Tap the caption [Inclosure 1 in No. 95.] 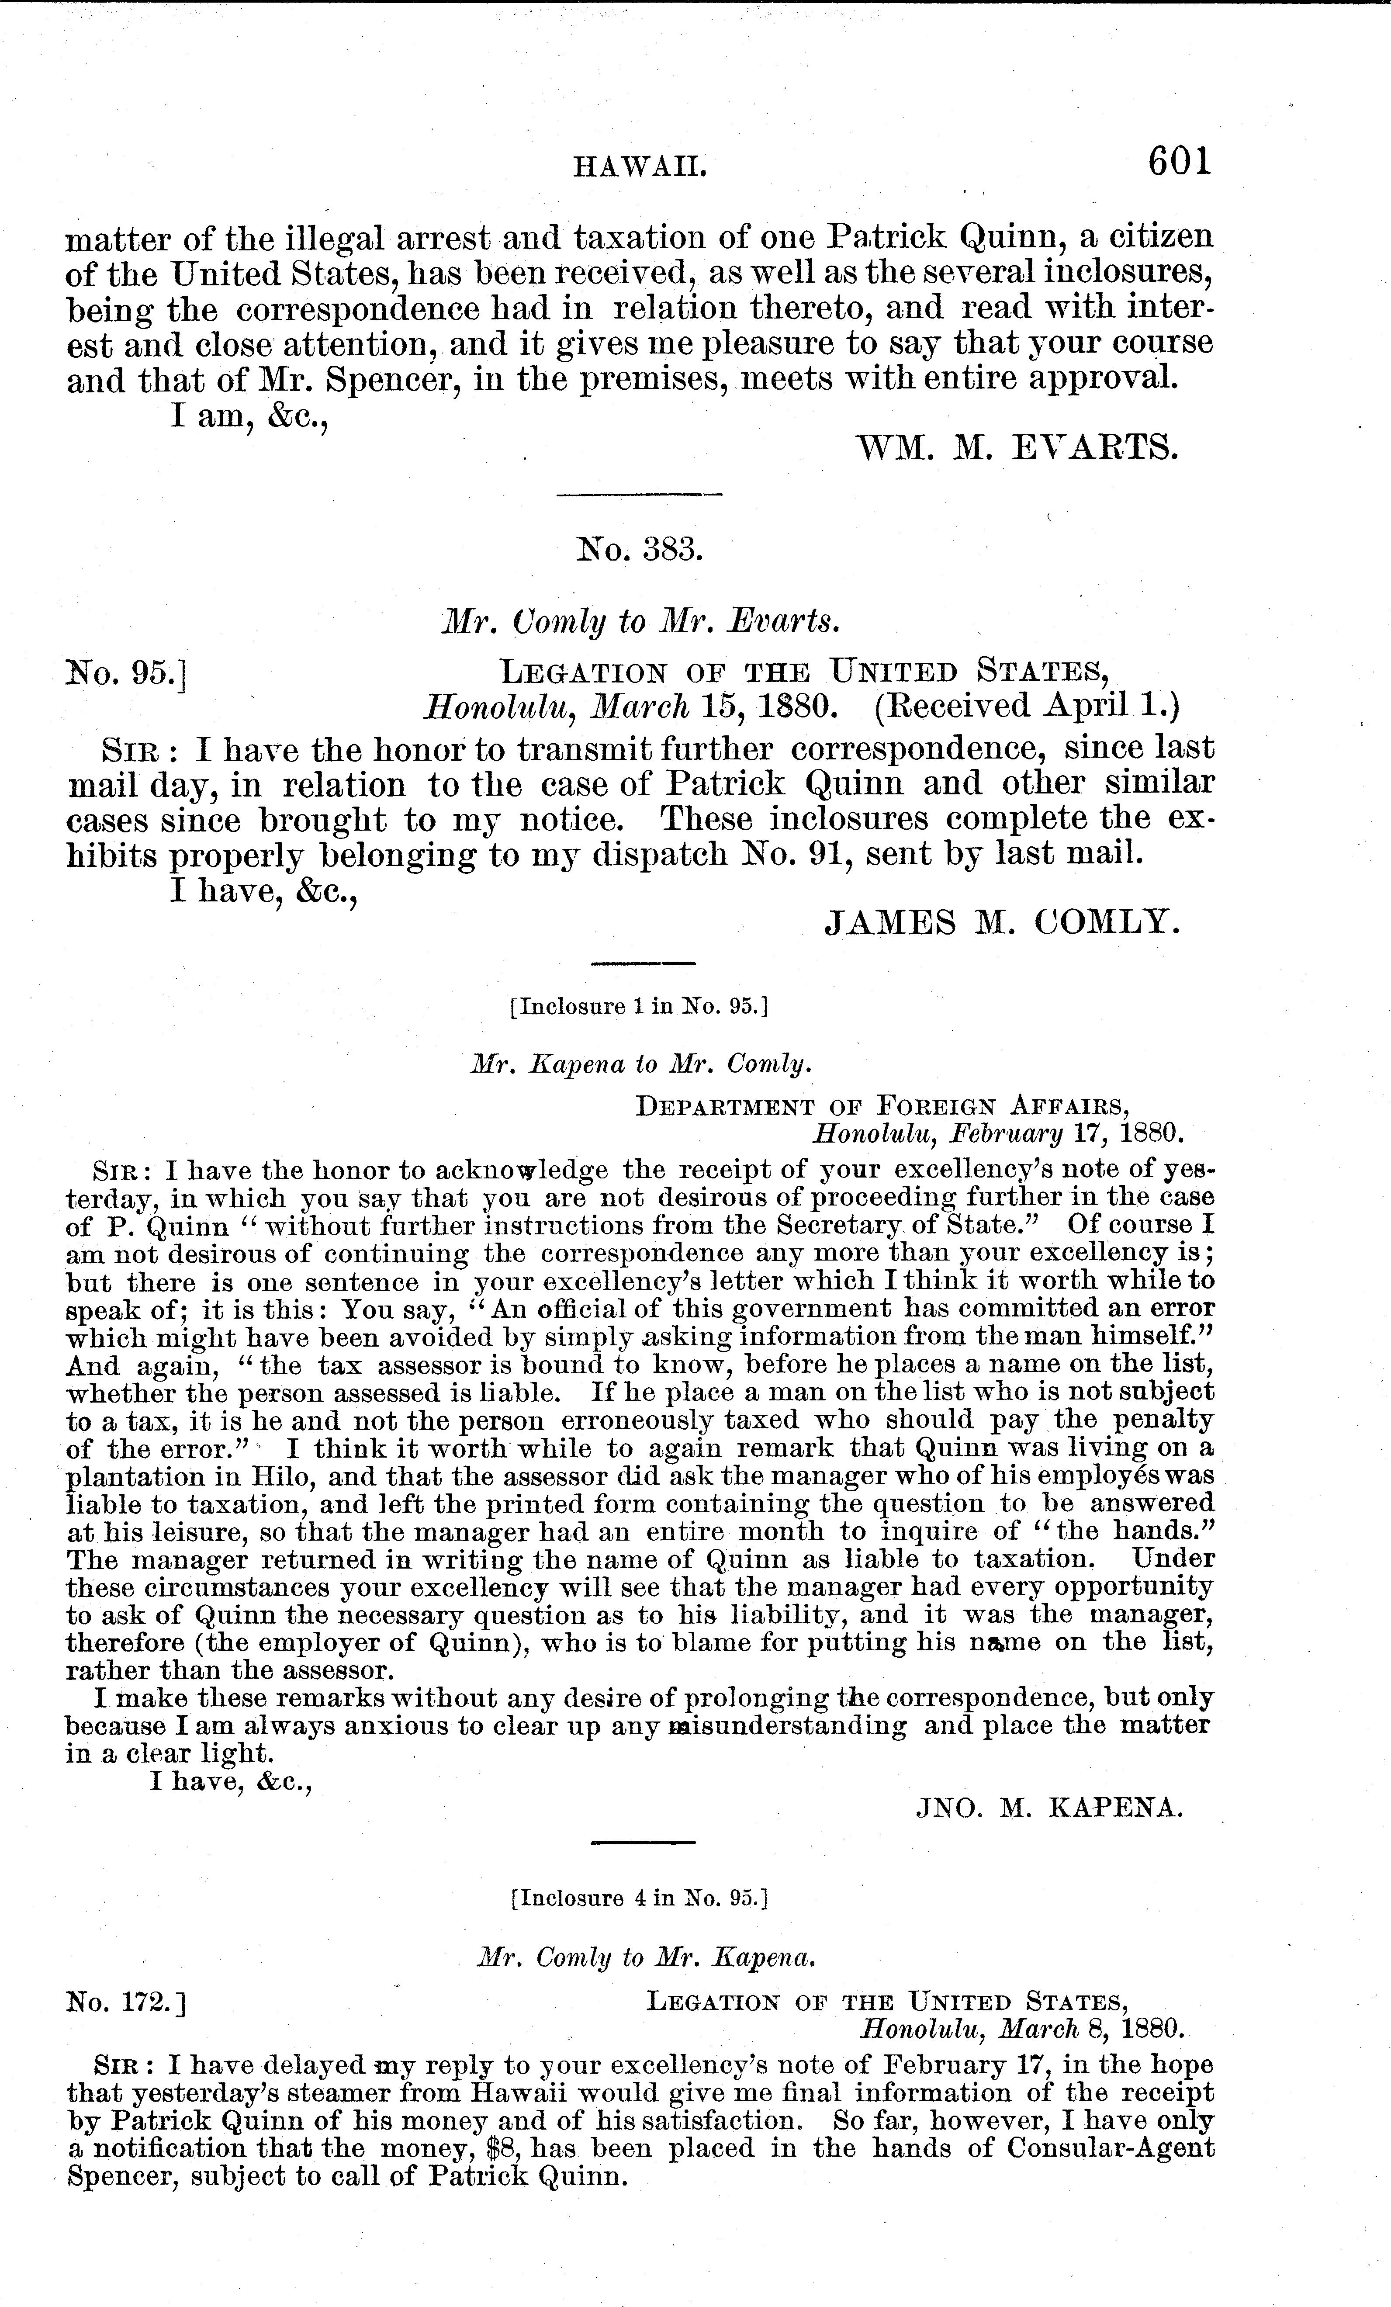[639, 1008]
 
